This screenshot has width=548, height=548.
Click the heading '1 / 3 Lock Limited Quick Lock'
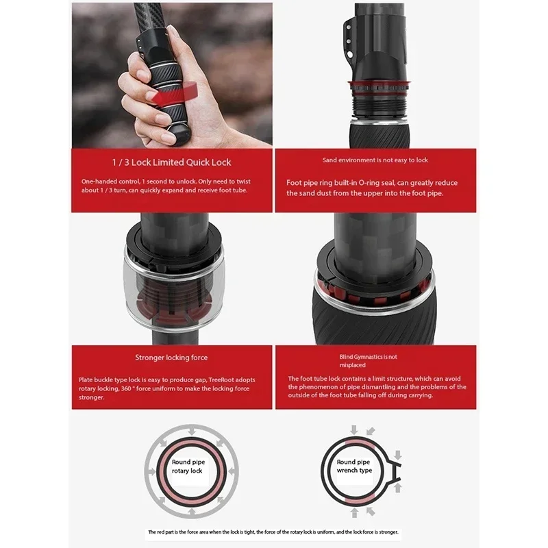pos(171,162)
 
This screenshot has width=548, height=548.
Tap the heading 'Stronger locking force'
pos(171,357)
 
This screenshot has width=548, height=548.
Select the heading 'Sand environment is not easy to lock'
pos(375,160)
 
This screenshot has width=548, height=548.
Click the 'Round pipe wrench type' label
pos(354,466)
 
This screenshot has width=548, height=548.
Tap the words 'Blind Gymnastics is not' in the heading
pos(369,357)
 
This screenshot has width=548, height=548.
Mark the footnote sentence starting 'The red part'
pos(273,532)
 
